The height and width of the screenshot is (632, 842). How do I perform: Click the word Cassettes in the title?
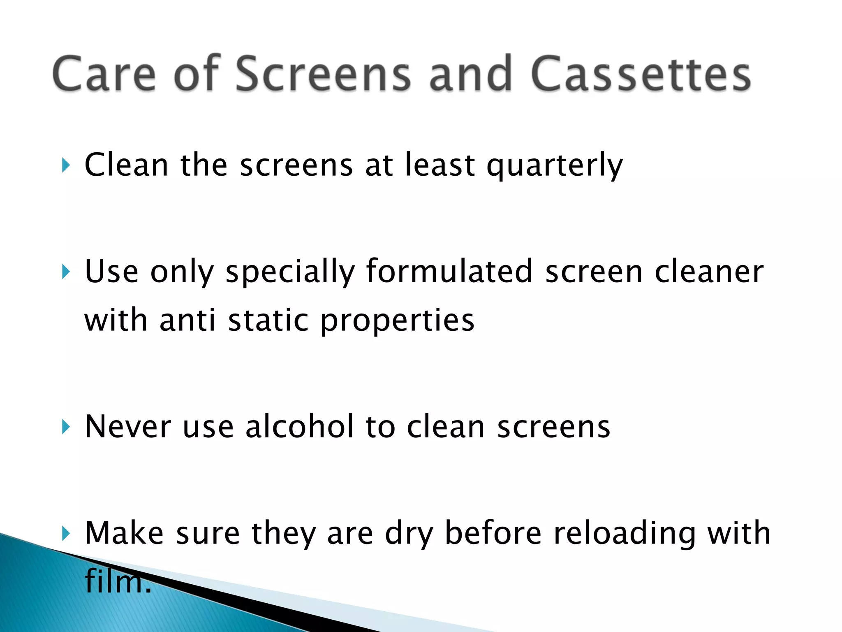tap(641, 74)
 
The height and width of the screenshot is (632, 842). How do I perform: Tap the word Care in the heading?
tap(104, 74)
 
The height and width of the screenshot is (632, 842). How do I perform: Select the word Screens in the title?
tap(323, 74)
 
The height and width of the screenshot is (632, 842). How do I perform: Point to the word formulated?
tap(449, 272)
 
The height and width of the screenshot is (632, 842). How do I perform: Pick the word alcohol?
tap(299, 427)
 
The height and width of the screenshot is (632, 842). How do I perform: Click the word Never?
tap(128, 427)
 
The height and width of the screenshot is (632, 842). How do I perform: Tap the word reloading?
tap(625, 533)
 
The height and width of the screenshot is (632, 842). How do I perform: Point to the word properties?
tap(397, 321)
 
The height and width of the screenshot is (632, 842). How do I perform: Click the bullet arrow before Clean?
tap(66, 165)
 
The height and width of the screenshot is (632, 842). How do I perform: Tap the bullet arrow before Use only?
tap(66, 272)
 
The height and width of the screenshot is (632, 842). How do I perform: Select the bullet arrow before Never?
tap(66, 427)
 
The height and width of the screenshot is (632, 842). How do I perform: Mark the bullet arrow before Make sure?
tap(66, 534)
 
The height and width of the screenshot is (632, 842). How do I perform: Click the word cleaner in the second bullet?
tap(709, 272)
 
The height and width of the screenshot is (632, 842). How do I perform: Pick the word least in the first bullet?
tap(440, 165)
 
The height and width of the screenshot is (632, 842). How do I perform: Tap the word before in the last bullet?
tap(493, 533)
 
